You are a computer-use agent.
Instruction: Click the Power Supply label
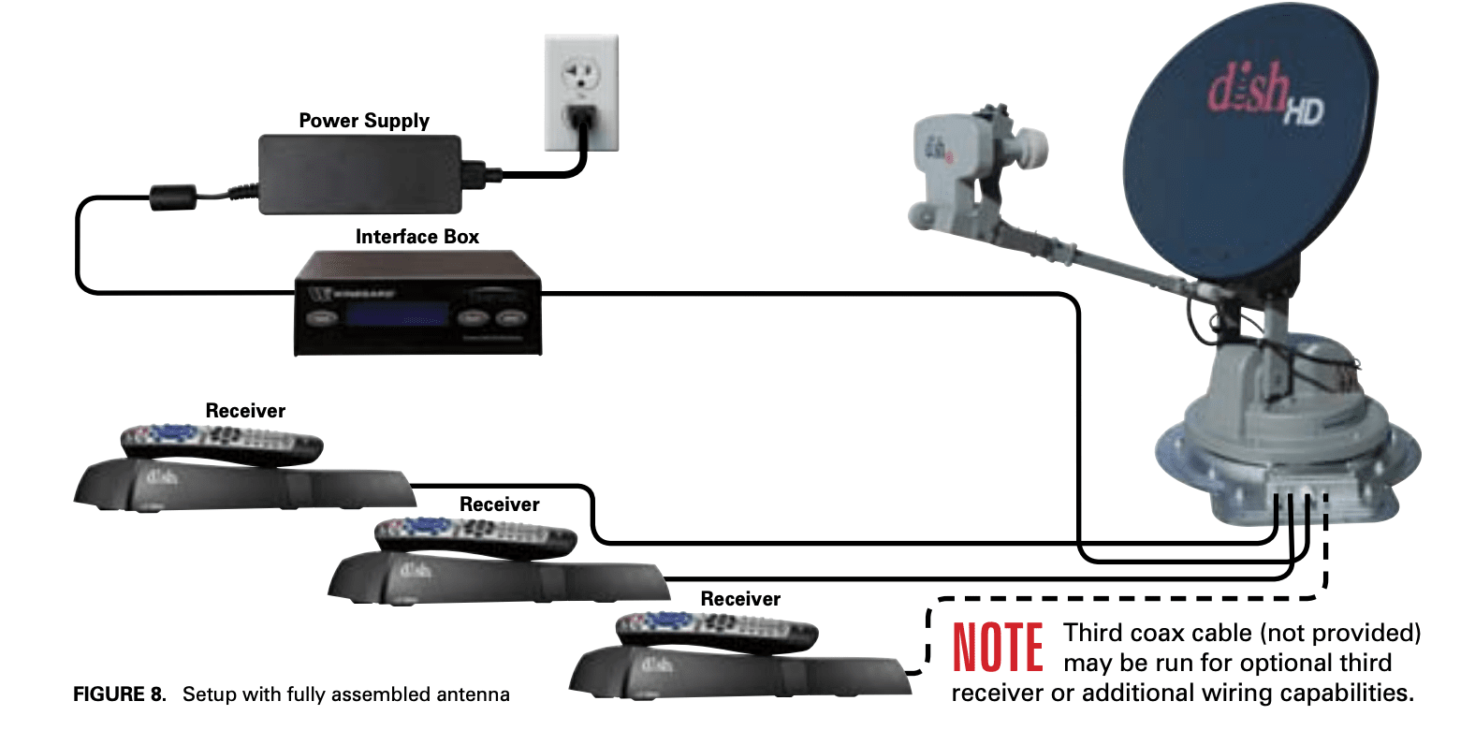click(x=364, y=121)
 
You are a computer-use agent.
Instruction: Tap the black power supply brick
click(x=359, y=174)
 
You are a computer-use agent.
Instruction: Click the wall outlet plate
click(x=581, y=93)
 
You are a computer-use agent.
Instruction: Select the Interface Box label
click(x=416, y=237)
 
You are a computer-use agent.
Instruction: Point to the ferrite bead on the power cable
click(x=173, y=197)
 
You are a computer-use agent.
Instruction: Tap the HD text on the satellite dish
click(x=1303, y=112)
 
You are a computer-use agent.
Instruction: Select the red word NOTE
click(x=998, y=648)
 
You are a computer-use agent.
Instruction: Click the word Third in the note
click(x=1094, y=634)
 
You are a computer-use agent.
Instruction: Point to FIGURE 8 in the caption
click(x=119, y=694)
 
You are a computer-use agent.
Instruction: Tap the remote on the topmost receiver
click(x=222, y=442)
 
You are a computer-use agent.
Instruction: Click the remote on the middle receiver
click(x=475, y=535)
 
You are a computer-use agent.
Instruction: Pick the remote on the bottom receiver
click(x=717, y=631)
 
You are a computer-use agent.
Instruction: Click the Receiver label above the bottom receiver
click(x=740, y=599)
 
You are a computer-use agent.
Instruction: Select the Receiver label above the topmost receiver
click(x=245, y=411)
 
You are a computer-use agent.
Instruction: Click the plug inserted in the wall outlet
click(x=580, y=119)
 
